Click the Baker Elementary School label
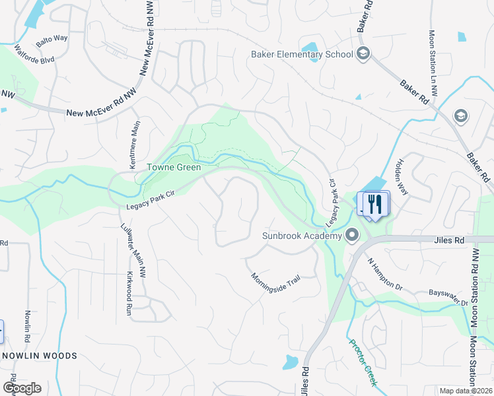302,54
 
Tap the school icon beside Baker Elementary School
363,53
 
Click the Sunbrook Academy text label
301,236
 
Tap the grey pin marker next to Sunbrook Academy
352,235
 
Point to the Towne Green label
174,168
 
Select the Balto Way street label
52,40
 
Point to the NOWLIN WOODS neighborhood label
40,356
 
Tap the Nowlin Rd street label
27,327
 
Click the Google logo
22,387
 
